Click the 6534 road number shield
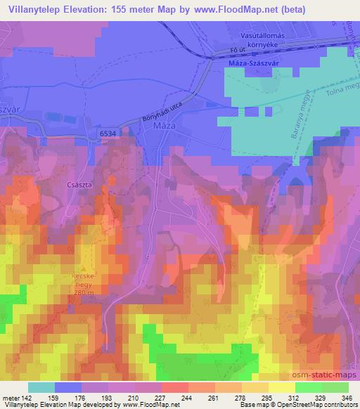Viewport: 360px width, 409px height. click(108, 131)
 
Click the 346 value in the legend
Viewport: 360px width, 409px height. click(348, 398)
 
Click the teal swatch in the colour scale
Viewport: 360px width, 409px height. click(41, 387)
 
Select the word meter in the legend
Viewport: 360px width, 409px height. click(10, 398)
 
